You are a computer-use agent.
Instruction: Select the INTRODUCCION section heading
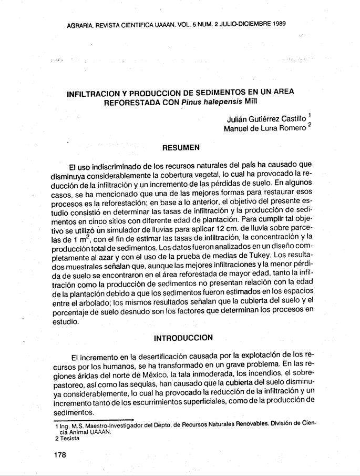(x=182, y=337)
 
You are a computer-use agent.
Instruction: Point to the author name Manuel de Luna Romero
(x=265, y=128)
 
